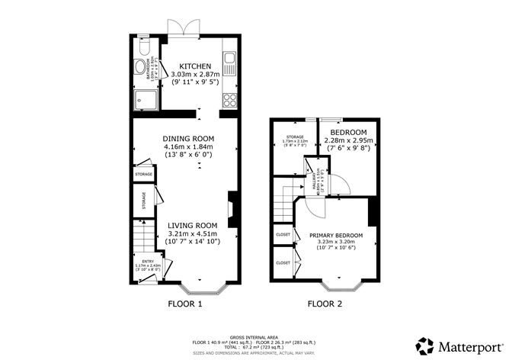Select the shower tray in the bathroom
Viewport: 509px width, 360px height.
point(146,98)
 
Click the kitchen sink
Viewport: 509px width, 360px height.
point(230,59)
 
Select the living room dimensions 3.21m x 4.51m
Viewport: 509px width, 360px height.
point(193,233)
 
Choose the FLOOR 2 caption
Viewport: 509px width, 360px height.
point(325,304)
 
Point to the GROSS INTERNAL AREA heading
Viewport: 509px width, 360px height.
point(254,335)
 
